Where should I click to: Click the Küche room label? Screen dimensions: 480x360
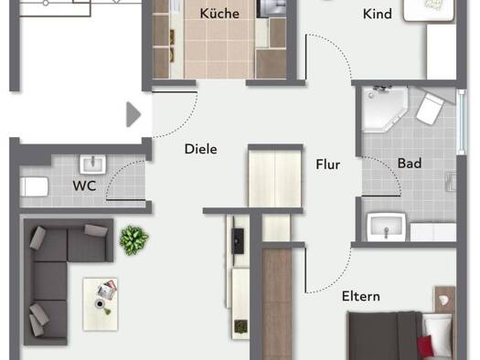(219, 14)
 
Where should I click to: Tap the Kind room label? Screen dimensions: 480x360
(377, 14)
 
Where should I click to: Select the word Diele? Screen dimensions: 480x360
(201, 149)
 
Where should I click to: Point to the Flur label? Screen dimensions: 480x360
(328, 164)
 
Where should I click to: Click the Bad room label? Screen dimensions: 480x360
(410, 163)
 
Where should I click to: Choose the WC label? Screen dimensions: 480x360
(84, 185)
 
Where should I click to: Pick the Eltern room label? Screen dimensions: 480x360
(361, 296)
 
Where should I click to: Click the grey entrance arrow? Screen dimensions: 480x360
(133, 114)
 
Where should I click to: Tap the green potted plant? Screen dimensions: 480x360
(133, 240)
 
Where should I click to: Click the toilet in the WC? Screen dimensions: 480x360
(34, 186)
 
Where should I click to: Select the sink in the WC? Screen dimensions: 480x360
(93, 164)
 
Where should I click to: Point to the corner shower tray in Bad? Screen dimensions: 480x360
(385, 110)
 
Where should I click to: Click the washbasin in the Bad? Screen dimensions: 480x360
(387, 227)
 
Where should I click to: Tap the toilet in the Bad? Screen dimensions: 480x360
(430, 109)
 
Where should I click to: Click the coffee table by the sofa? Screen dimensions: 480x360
(100, 304)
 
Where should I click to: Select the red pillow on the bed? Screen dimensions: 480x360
(426, 346)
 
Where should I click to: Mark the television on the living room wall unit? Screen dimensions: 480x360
(238, 241)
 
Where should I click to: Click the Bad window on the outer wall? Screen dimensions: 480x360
(462, 122)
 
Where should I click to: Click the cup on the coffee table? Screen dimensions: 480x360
(100, 304)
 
